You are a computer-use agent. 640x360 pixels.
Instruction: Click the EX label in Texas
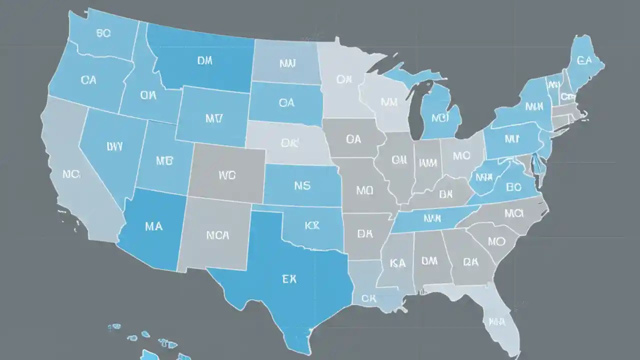pyautogui.click(x=289, y=279)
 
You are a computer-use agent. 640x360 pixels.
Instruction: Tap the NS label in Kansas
pyautogui.click(x=302, y=186)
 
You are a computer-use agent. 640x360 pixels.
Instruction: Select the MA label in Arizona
pyautogui.click(x=153, y=226)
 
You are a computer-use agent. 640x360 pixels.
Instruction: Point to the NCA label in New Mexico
pyautogui.click(x=217, y=235)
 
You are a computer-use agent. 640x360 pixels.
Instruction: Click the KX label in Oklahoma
pyautogui.click(x=311, y=225)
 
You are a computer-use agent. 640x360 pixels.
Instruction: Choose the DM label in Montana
pyautogui.click(x=204, y=60)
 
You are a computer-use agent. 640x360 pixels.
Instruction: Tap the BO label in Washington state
pyautogui.click(x=103, y=33)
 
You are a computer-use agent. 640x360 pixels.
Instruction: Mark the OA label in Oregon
pyautogui.click(x=88, y=79)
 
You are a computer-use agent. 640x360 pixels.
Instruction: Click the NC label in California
pyautogui.click(x=71, y=174)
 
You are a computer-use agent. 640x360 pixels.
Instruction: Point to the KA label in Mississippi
pyautogui.click(x=397, y=262)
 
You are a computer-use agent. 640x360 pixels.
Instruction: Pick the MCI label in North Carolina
pyautogui.click(x=513, y=213)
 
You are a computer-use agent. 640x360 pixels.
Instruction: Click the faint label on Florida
pyautogui.click(x=497, y=321)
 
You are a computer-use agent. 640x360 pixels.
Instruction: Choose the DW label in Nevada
pyautogui.click(x=114, y=146)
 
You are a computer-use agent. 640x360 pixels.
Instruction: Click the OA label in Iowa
pyautogui.click(x=353, y=139)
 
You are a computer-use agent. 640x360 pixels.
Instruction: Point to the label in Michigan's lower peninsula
pyautogui.click(x=440, y=118)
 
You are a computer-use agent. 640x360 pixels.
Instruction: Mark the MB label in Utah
pyautogui.click(x=164, y=160)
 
